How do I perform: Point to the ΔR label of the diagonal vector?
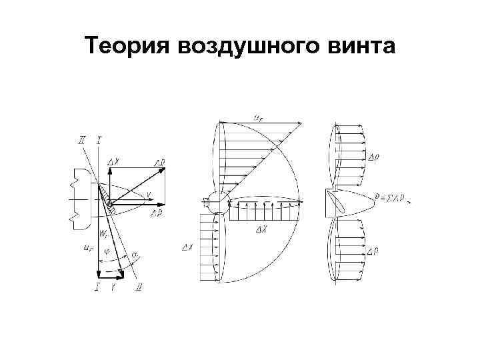coord(159,161)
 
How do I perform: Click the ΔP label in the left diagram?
coord(157,213)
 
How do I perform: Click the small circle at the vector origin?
coord(109,205)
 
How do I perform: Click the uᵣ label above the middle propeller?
coord(258,117)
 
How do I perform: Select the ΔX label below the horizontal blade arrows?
coord(262,229)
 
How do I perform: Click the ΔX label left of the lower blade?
coord(188,247)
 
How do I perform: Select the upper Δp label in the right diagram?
coord(375,158)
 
